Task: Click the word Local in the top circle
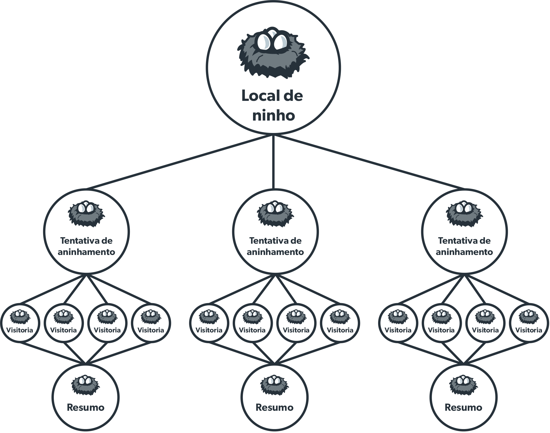click(x=258, y=96)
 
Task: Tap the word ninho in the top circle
click(x=273, y=116)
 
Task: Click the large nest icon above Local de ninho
click(x=272, y=56)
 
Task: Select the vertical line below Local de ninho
click(x=273, y=162)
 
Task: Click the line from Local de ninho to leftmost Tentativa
click(x=180, y=162)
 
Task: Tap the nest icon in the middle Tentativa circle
click(x=275, y=214)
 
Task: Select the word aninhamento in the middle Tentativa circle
click(x=275, y=252)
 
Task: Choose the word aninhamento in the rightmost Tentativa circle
click(x=464, y=252)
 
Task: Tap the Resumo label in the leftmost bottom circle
click(x=86, y=407)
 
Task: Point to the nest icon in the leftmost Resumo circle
click(x=85, y=385)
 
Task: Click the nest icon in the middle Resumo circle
click(x=274, y=385)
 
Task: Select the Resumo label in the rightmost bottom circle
click(x=463, y=407)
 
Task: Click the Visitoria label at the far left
click(x=20, y=330)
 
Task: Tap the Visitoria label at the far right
click(x=529, y=330)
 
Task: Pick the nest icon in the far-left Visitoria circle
click(x=20, y=317)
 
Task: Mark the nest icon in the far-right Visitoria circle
click(x=529, y=317)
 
